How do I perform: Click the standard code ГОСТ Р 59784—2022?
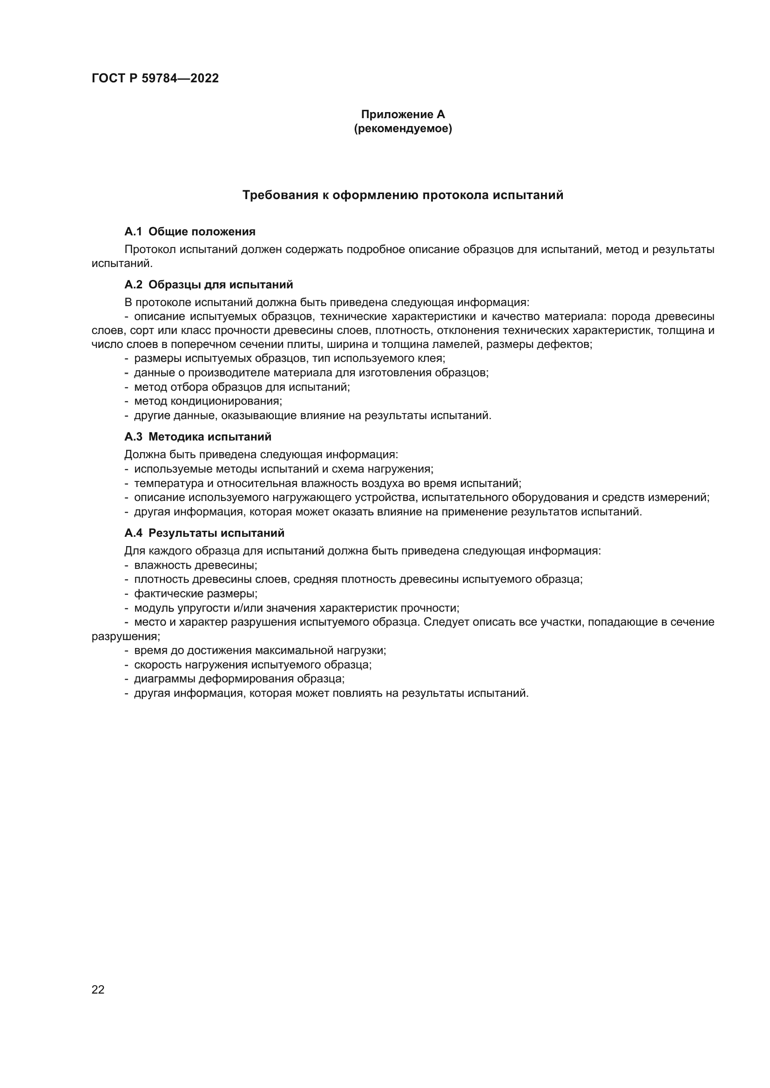(155, 79)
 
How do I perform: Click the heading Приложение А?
(403, 114)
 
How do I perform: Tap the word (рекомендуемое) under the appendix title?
(403, 128)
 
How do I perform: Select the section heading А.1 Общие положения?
(189, 232)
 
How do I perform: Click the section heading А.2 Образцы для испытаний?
(209, 285)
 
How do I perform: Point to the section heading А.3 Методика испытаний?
(198, 436)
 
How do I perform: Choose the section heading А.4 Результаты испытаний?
(204, 533)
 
